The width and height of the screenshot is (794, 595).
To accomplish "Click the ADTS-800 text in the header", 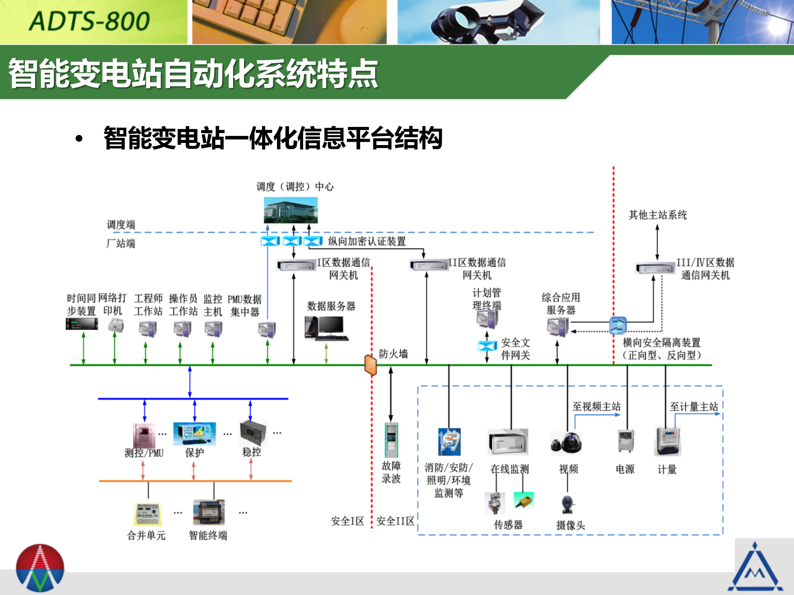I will click(x=89, y=21).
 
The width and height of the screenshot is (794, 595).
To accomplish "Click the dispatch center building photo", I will click(x=291, y=210).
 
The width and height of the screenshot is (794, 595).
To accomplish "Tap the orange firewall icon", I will click(x=371, y=365).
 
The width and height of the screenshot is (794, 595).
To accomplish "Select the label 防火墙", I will click(x=393, y=354).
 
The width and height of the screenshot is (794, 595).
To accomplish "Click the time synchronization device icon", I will click(x=82, y=324).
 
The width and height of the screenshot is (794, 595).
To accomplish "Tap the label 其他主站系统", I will click(x=658, y=215).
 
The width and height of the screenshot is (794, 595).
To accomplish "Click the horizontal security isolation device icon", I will click(x=618, y=325).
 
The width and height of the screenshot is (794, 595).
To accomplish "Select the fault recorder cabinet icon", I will click(x=391, y=440).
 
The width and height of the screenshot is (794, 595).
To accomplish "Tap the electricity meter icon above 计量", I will click(x=667, y=441).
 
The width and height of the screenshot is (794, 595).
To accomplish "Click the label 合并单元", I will click(x=146, y=535).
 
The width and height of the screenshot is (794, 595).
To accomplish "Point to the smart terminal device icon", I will click(x=209, y=512).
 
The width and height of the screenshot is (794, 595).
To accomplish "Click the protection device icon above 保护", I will click(x=194, y=434).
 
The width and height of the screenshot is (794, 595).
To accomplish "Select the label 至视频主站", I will click(x=596, y=407).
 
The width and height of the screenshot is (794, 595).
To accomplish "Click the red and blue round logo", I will click(x=40, y=568).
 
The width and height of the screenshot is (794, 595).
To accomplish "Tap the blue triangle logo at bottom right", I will click(x=755, y=568).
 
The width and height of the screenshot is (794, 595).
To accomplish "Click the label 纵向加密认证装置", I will click(x=367, y=241).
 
